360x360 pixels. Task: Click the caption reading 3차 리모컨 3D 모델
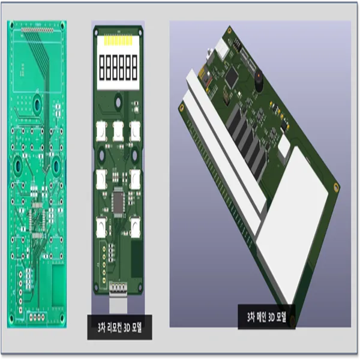[x=119, y=328]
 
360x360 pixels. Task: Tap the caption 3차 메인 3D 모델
[x=266, y=317]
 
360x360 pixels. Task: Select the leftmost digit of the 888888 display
[x=102, y=68]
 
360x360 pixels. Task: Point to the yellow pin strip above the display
[x=118, y=41]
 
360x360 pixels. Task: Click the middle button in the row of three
[x=118, y=131]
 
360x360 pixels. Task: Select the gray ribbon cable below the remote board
[x=118, y=304]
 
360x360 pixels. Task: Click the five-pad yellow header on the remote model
[x=104, y=264]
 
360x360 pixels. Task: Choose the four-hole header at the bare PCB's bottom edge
[x=37, y=317]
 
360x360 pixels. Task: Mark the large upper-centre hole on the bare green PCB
[x=37, y=104]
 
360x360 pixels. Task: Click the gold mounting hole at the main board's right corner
[x=336, y=187]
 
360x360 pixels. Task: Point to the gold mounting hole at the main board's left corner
[x=182, y=107]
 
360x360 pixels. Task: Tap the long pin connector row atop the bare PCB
[x=37, y=30]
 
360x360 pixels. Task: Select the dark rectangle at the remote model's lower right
[x=137, y=259]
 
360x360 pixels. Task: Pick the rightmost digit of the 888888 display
[x=134, y=68]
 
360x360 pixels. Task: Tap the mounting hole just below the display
[x=118, y=103]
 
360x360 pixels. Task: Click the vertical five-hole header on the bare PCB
[x=20, y=292]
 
